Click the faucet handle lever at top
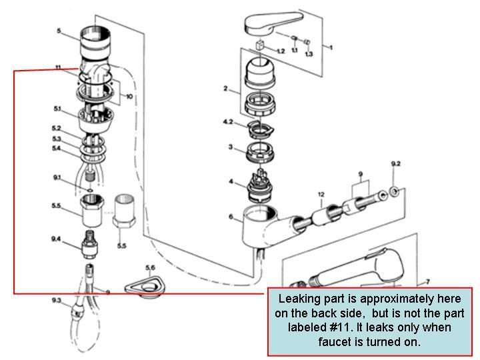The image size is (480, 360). pyautogui.click(x=270, y=24)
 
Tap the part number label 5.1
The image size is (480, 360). pyautogui.click(x=58, y=109)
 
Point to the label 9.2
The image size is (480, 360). pyautogui.click(x=395, y=163)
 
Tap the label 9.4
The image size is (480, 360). pyautogui.click(x=57, y=238)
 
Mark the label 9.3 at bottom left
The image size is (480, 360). pyautogui.click(x=56, y=301)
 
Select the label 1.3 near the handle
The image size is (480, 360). pyautogui.click(x=308, y=54)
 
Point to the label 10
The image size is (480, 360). pyautogui.click(x=129, y=96)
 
